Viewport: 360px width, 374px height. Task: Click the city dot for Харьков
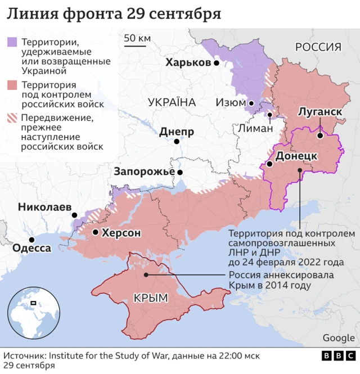216,64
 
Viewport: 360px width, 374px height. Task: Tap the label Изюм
230,103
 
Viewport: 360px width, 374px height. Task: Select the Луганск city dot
319,135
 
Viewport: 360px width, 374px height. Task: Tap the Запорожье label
144,172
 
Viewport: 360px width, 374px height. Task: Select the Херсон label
121,232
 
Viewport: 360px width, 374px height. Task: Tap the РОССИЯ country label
318,47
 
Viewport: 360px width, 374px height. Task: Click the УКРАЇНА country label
172,102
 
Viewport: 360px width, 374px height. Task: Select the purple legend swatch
12,42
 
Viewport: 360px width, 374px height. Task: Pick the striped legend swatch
12,118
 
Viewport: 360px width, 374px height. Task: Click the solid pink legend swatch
12,85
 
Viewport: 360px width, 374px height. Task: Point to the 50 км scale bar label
137,38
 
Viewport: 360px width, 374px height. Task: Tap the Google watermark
338,337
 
